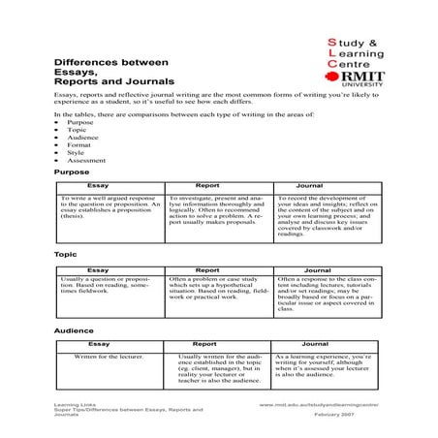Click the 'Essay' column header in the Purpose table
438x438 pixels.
97,183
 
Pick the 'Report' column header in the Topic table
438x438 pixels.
207,270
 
